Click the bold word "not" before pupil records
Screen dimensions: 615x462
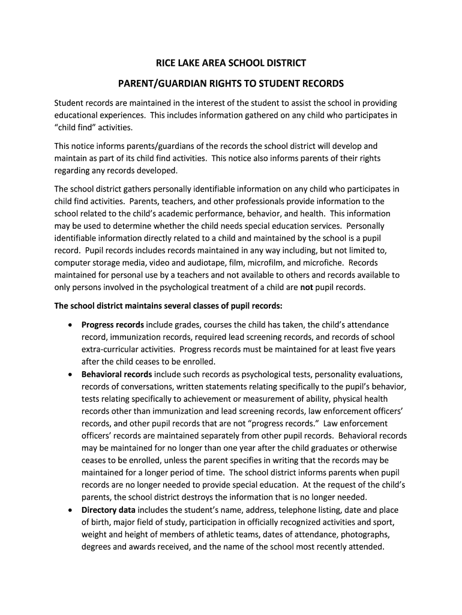pyautogui.click(x=307, y=287)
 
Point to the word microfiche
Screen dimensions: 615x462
pyautogui.click(x=323, y=262)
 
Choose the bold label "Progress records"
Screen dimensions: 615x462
pyautogui.click(x=113, y=324)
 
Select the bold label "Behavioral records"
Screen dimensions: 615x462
pyautogui.click(x=118, y=374)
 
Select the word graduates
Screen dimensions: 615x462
pyautogui.click(x=326, y=448)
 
